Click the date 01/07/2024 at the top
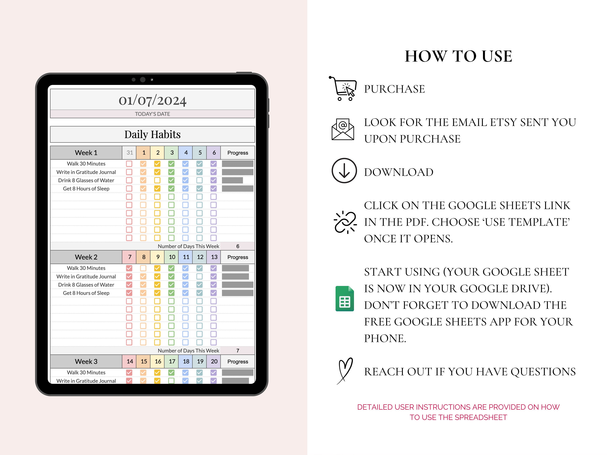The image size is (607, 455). pos(152,100)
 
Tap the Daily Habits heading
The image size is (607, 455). pos(152,134)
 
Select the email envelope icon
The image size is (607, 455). pos(343,129)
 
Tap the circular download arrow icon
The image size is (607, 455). pos(344,171)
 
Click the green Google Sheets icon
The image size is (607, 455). pos(345,299)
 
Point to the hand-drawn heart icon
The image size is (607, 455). pos(345,370)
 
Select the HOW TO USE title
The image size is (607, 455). pos(458,56)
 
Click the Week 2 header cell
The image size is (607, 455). pos(86,257)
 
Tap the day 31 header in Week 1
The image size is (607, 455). pos(130,153)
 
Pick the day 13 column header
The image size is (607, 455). pos(214,257)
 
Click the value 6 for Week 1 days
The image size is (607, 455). pos(238,246)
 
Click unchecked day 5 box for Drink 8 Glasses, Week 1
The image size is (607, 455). pos(200,180)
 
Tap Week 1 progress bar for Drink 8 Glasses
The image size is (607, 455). pos(232,180)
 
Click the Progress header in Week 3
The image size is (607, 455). pos(238,362)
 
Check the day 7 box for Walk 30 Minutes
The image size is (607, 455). pos(129,268)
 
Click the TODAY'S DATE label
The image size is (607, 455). pos(152,114)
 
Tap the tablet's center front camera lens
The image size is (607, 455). pos(143,79)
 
